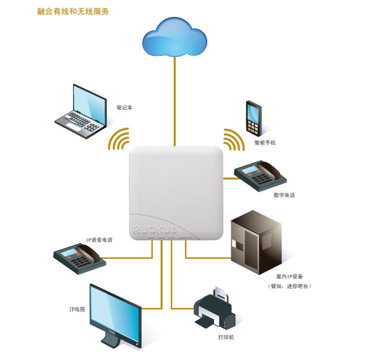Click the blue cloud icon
tap(174, 37)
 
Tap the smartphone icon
tap(253, 118)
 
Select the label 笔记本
tap(124, 108)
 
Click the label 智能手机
tap(265, 143)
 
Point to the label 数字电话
tap(284, 195)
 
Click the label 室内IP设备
tap(289, 276)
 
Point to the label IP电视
tap(77, 309)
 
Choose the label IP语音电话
tap(99, 240)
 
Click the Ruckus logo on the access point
tap(155, 229)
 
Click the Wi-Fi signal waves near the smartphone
tap(233, 140)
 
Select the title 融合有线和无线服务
tap(73, 11)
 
